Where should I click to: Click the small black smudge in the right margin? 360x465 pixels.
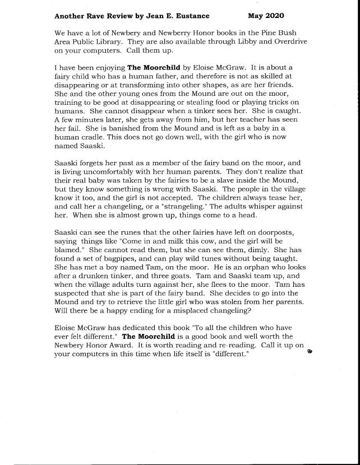tap(309, 352)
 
